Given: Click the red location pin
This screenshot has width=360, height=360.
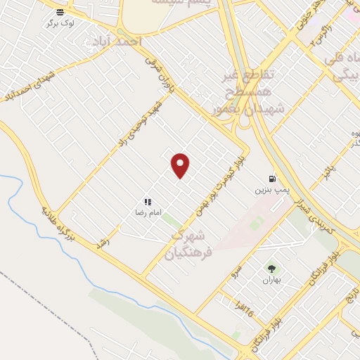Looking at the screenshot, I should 181,165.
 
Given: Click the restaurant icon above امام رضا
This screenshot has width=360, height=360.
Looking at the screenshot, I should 147,202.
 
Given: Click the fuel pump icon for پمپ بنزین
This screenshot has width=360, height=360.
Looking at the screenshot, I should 271,179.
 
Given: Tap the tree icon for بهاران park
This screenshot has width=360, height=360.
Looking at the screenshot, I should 271,268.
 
